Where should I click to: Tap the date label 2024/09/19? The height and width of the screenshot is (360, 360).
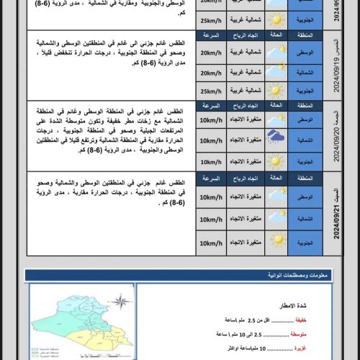tap(336, 66)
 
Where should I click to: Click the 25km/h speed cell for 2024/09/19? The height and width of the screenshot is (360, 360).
tap(211, 91)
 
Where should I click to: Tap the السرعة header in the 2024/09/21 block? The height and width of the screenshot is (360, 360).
tap(211, 177)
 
